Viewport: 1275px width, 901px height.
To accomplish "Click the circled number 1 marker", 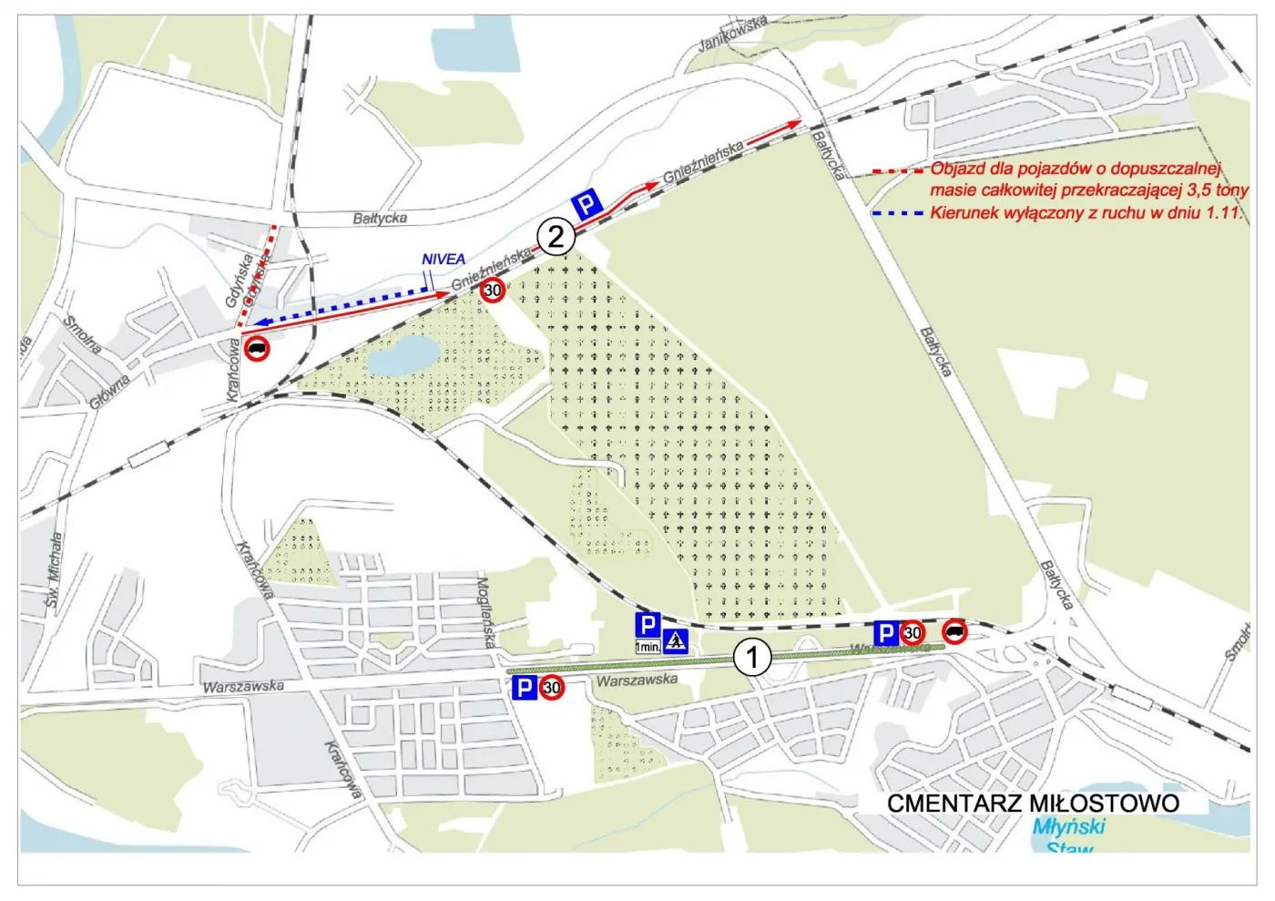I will (x=752, y=656).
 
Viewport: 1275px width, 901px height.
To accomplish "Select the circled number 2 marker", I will (x=556, y=237).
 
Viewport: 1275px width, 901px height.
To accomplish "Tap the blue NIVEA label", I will (x=444, y=260).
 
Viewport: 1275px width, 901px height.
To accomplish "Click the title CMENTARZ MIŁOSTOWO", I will (x=1033, y=804).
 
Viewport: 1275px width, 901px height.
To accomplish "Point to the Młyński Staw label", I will (x=1069, y=836).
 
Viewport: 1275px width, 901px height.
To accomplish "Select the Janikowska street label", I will (x=733, y=34).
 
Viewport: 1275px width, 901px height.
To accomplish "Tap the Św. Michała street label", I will (x=54, y=570).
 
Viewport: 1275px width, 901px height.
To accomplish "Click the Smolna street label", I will (x=83, y=334).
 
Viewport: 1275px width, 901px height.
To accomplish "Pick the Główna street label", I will (x=109, y=391).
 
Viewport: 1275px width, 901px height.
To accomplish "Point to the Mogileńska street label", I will (x=486, y=611).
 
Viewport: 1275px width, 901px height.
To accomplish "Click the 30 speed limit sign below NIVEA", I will (x=493, y=291).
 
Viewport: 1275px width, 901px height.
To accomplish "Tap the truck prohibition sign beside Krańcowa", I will (x=258, y=348).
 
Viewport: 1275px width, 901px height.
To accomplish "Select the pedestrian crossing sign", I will (x=676, y=640).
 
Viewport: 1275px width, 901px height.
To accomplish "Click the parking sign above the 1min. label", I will (x=648, y=625).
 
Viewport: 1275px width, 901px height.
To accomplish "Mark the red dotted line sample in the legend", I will (x=897, y=170).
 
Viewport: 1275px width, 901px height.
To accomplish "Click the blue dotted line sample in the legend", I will (x=897, y=213).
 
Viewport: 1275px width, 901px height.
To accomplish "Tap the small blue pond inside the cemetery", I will (x=403, y=354).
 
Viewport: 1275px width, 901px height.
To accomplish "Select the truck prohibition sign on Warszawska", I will (x=954, y=631).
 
